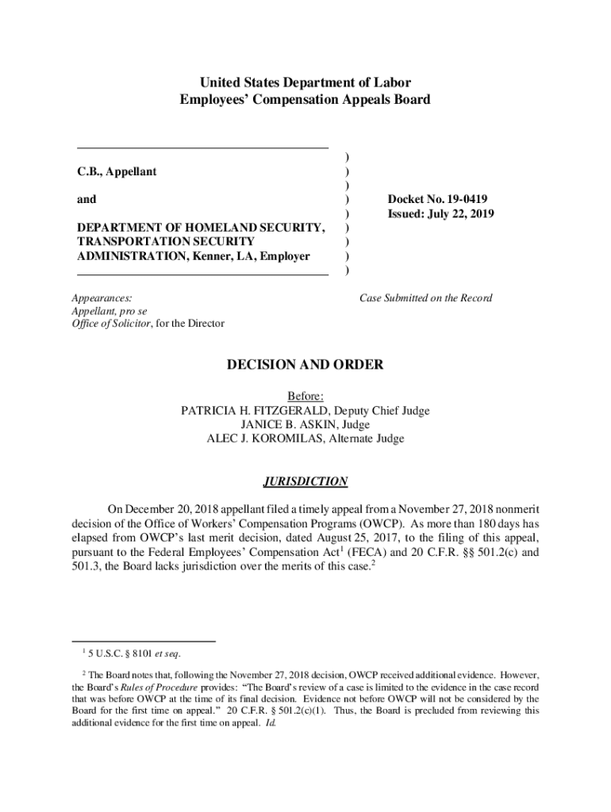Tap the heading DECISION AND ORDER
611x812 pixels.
pos(305,366)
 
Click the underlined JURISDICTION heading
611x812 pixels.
pos(305,481)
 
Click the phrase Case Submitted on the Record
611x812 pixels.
pos(425,298)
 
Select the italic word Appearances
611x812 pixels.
pos(102,298)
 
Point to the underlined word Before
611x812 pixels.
pos(305,396)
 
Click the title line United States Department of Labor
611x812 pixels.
pos(305,82)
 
